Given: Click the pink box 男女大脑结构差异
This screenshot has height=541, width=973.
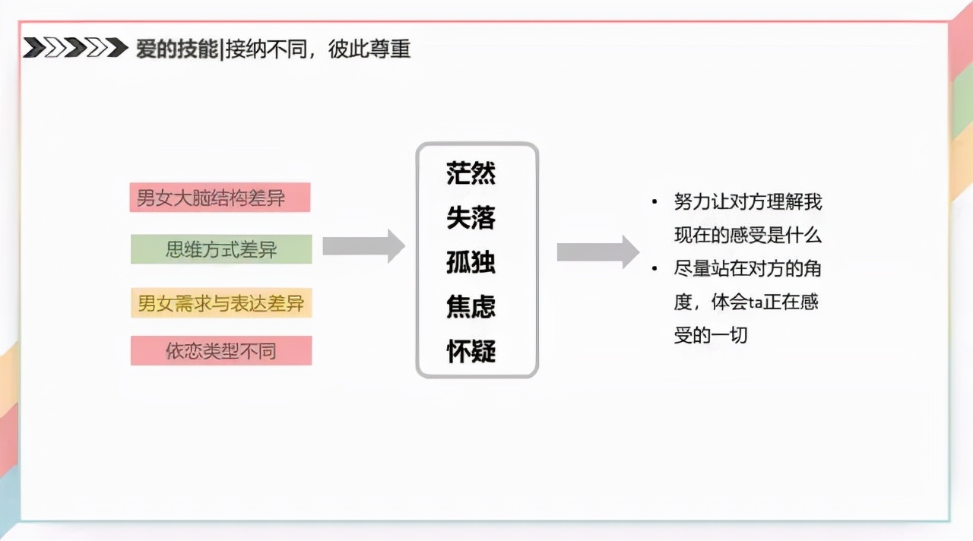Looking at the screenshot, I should click(220, 198).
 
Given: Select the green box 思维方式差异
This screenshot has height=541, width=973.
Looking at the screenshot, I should click(220, 249).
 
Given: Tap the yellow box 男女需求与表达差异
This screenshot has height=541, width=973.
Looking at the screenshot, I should click(220, 303).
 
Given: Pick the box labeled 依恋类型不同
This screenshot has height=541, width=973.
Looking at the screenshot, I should click(220, 350).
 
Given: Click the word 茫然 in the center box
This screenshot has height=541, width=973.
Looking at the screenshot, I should click(471, 173).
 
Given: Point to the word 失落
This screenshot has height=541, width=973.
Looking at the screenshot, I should click(471, 218).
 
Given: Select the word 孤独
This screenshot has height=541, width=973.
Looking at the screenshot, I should click(471, 262).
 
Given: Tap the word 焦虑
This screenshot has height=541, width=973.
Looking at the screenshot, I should click(471, 307).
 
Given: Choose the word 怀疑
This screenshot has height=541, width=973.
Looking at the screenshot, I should click(471, 351).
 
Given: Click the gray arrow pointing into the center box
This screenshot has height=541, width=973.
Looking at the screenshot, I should click(363, 246).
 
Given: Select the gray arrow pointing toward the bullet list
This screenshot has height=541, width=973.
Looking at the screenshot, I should click(597, 252).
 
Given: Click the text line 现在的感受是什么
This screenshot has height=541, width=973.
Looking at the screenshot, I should click(747, 236).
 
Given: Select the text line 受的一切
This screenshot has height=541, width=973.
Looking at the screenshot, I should click(711, 335).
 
